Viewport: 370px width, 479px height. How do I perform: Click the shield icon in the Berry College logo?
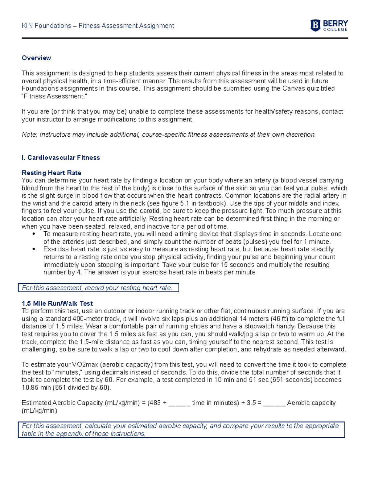(x=315, y=25)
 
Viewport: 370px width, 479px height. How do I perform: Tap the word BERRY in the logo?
(x=335, y=23)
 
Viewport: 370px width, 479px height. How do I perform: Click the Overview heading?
(x=36, y=58)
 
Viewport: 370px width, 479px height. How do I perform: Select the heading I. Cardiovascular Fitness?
(x=61, y=158)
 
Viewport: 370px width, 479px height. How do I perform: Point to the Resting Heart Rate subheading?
(x=51, y=173)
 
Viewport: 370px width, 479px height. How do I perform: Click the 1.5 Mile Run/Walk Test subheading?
(x=57, y=303)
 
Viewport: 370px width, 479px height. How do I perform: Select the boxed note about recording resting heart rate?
(x=98, y=288)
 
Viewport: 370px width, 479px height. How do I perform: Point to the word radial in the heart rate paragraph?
(x=310, y=196)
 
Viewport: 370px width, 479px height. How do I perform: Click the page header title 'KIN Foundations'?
(x=46, y=26)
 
